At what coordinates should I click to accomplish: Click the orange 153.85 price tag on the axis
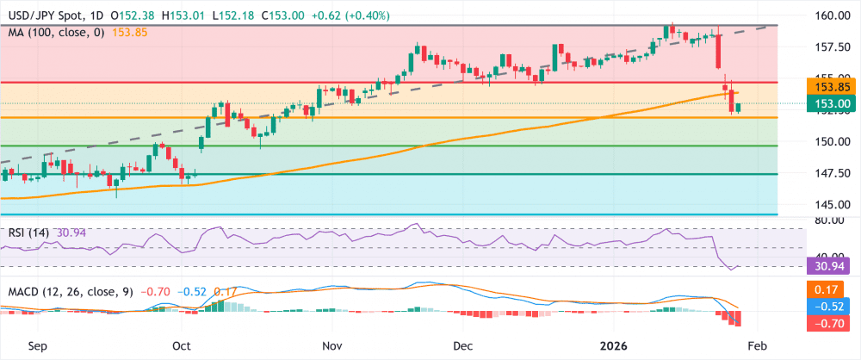point(832,87)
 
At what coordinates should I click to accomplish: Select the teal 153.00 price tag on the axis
point(832,103)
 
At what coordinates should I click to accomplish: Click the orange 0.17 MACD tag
point(832,291)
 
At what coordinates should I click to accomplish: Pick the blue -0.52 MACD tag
point(832,307)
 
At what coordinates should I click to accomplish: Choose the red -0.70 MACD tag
point(832,323)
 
